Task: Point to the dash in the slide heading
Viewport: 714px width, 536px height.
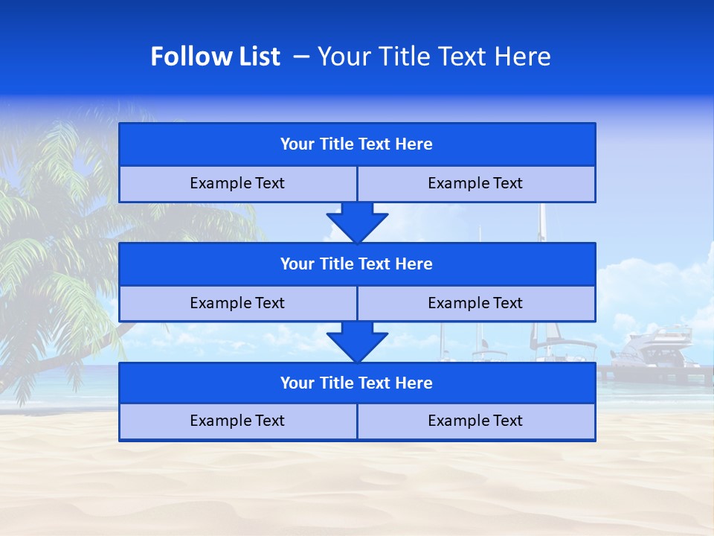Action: click(302, 57)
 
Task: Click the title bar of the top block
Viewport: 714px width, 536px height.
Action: click(357, 144)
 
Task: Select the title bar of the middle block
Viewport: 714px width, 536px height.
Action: click(357, 264)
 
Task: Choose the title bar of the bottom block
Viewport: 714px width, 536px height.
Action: click(357, 383)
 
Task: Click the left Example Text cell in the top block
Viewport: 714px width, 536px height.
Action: click(237, 183)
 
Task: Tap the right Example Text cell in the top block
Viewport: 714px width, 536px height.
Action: click(476, 183)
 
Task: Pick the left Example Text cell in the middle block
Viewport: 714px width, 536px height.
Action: click(237, 303)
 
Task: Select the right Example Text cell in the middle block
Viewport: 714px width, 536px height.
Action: click(476, 303)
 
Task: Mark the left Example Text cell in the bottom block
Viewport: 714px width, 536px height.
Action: click(237, 421)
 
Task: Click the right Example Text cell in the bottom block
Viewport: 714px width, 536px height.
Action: click(476, 421)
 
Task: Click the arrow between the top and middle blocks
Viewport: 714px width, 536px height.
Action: click(357, 222)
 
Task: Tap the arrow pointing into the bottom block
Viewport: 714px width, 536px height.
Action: click(357, 342)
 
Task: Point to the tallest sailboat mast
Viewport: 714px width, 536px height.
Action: click(542, 223)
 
